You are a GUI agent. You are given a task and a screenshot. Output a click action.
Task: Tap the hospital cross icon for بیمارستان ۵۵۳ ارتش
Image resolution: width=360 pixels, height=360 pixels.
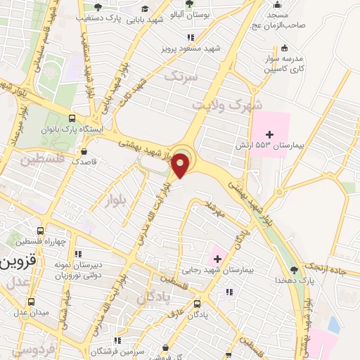tap(269, 134)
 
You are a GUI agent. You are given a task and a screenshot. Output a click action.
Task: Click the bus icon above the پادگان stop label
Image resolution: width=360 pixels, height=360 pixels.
tap(197, 304)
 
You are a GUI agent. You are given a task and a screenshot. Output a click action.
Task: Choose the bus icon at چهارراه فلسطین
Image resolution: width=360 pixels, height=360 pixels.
tap(41, 231)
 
